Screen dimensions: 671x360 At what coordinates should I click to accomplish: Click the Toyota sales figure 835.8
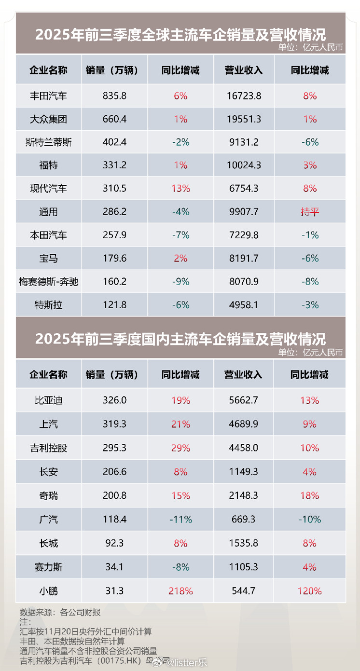coord(115,96)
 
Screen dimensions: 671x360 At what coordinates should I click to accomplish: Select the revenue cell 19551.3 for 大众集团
coord(244,119)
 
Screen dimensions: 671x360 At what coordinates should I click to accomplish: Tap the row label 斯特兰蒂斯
coord(48,142)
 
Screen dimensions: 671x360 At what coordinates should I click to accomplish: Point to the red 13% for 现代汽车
coord(180,188)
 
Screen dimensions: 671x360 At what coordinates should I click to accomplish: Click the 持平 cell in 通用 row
coord(310,211)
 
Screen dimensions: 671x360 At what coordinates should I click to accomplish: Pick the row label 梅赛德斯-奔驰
coord(48,281)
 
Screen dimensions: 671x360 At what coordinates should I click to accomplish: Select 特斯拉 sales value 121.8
coord(115,304)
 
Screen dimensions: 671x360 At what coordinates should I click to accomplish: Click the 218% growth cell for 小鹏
coord(180,590)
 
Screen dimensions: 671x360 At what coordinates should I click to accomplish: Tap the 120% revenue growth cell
coord(310,590)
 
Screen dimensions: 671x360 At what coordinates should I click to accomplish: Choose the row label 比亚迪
coord(48,400)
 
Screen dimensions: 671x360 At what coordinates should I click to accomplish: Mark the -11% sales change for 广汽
coord(180,519)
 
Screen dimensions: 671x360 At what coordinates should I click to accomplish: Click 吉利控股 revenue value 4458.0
coord(244,448)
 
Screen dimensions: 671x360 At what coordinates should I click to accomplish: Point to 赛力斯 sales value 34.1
coord(115,567)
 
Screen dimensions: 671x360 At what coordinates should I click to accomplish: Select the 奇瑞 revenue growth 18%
coord(310,495)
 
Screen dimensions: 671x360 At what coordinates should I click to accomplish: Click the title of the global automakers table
coord(180,34)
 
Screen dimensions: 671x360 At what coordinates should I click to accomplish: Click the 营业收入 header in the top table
coord(244,70)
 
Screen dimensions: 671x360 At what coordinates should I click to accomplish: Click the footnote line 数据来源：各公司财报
coord(60,612)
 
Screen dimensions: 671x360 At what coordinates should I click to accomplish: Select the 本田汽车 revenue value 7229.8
coord(244,235)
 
